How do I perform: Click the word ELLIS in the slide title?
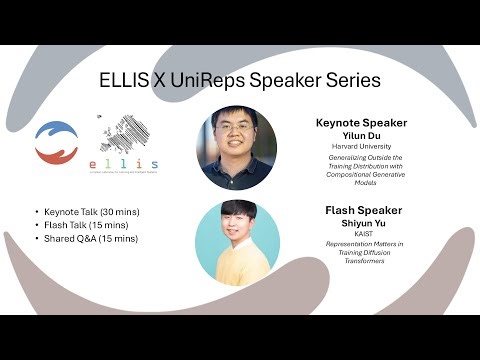[124, 78]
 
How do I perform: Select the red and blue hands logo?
[56, 142]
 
